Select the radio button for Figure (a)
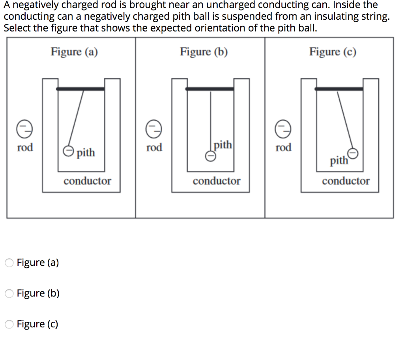click(9, 263)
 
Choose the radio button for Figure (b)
click(9, 294)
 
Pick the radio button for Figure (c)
click(9, 325)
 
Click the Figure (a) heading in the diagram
click(74, 52)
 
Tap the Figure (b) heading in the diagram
click(204, 52)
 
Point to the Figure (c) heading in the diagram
click(333, 52)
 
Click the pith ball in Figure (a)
click(69, 151)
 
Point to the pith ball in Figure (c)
click(353, 153)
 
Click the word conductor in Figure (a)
click(87, 181)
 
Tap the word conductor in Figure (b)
click(216, 181)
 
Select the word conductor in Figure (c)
click(346, 181)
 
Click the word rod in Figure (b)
click(154, 147)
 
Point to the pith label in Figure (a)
click(86, 153)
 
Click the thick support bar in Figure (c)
click(339, 89)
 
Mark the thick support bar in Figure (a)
click(80, 89)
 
